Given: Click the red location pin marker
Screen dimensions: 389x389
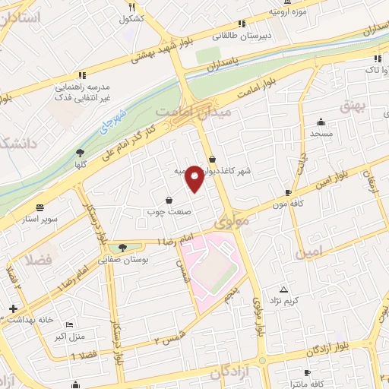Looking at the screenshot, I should click(195, 178).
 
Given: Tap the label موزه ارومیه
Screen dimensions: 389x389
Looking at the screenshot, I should click(287, 12).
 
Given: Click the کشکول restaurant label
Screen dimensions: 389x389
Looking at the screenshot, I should click(131, 18).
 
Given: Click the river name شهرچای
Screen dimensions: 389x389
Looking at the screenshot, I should click(110, 122).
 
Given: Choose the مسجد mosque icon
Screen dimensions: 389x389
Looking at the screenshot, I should click(321, 122).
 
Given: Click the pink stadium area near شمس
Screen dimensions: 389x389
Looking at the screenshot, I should click(217, 270).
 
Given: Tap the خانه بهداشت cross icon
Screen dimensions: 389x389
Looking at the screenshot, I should click(12, 308).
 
